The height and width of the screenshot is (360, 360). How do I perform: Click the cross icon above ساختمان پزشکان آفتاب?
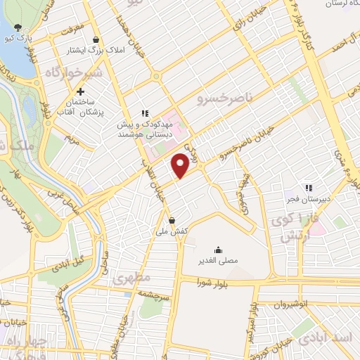(82, 91)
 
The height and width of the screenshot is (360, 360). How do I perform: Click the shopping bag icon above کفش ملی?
(172, 221)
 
